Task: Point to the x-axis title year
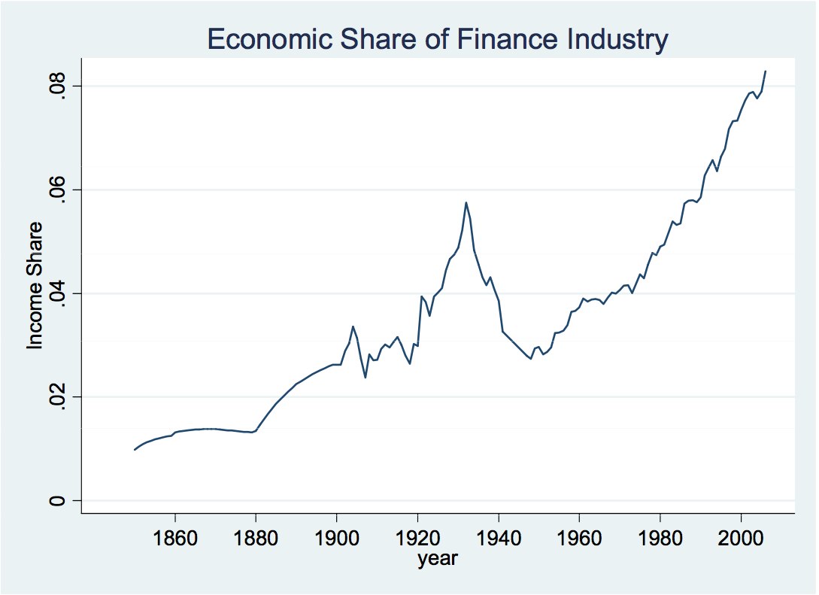[438, 559]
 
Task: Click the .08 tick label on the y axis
[59, 86]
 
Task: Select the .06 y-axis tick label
[59, 190]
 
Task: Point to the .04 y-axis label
[59, 293]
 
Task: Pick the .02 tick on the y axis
[59, 397]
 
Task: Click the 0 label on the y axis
[59, 501]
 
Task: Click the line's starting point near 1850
[135, 450]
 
